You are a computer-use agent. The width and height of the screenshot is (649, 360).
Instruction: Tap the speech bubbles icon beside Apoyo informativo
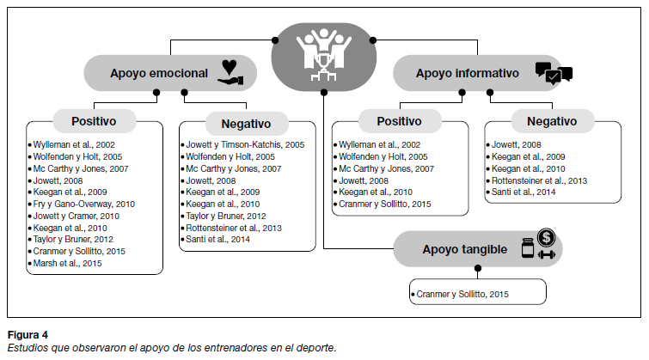(x=553, y=74)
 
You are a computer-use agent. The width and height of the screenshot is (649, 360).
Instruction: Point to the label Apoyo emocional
(x=159, y=74)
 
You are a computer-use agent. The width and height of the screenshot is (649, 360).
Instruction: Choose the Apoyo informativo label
(x=468, y=74)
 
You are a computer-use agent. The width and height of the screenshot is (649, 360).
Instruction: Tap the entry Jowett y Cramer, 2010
(x=77, y=217)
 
